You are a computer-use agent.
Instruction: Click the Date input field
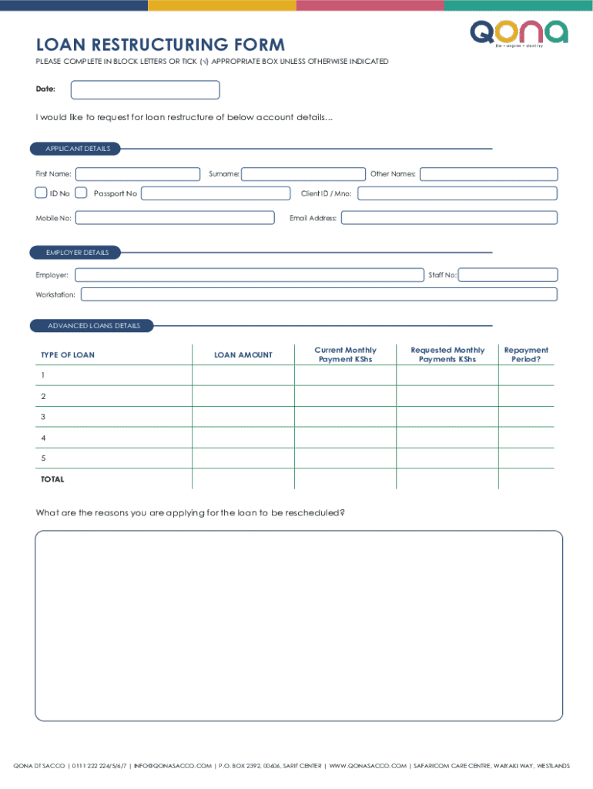145,90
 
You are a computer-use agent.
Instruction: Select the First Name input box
137,174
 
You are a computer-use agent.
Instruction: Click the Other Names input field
488,174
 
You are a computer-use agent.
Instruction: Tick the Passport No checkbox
81,193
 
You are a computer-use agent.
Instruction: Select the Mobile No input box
174,218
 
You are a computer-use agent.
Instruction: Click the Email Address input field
449,218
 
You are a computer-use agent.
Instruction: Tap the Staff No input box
508,275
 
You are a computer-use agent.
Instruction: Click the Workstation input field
319,294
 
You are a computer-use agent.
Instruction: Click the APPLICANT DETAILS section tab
78,148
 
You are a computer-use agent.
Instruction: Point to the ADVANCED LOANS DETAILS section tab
93,326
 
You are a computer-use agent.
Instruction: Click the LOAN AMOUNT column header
243,354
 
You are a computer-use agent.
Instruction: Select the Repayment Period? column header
526,354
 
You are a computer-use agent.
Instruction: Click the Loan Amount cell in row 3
243,417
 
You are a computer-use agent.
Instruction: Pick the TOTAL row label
52,479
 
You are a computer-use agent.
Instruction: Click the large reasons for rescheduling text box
299,626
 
